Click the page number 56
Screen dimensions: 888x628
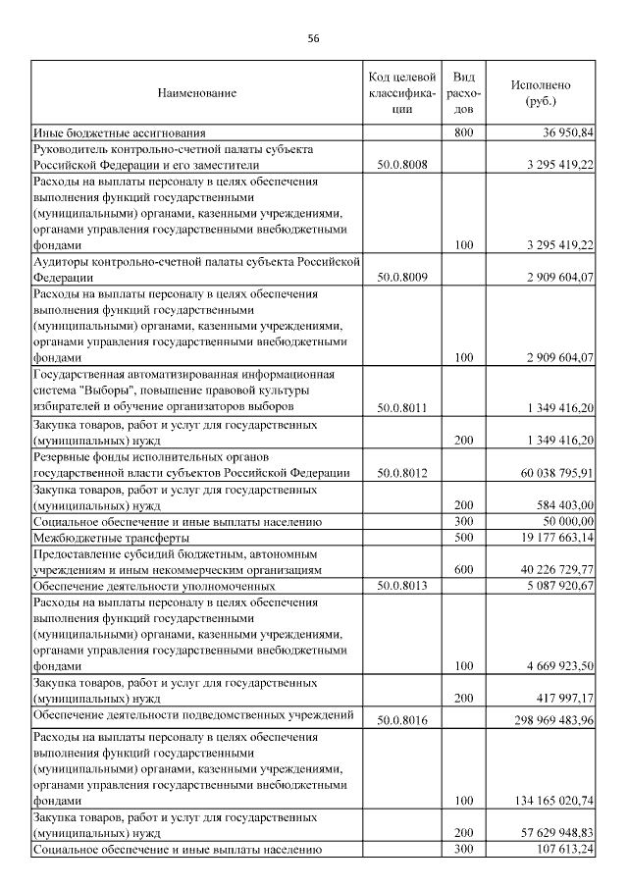coord(313,38)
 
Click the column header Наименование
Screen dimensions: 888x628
coord(196,92)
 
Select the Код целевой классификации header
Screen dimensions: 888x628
coord(400,92)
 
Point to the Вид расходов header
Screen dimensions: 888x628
coord(465,92)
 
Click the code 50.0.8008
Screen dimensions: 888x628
coord(401,166)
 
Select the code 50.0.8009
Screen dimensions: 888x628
coord(401,278)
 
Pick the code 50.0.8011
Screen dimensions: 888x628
coord(401,406)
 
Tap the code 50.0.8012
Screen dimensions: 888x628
coord(401,472)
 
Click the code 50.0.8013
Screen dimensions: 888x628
coord(401,586)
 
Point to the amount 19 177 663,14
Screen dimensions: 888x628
coord(557,538)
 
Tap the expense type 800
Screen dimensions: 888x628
coord(465,132)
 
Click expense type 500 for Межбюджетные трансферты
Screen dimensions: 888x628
coord(465,538)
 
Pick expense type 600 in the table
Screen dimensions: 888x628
coord(465,569)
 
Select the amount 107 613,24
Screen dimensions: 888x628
coord(561,850)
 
